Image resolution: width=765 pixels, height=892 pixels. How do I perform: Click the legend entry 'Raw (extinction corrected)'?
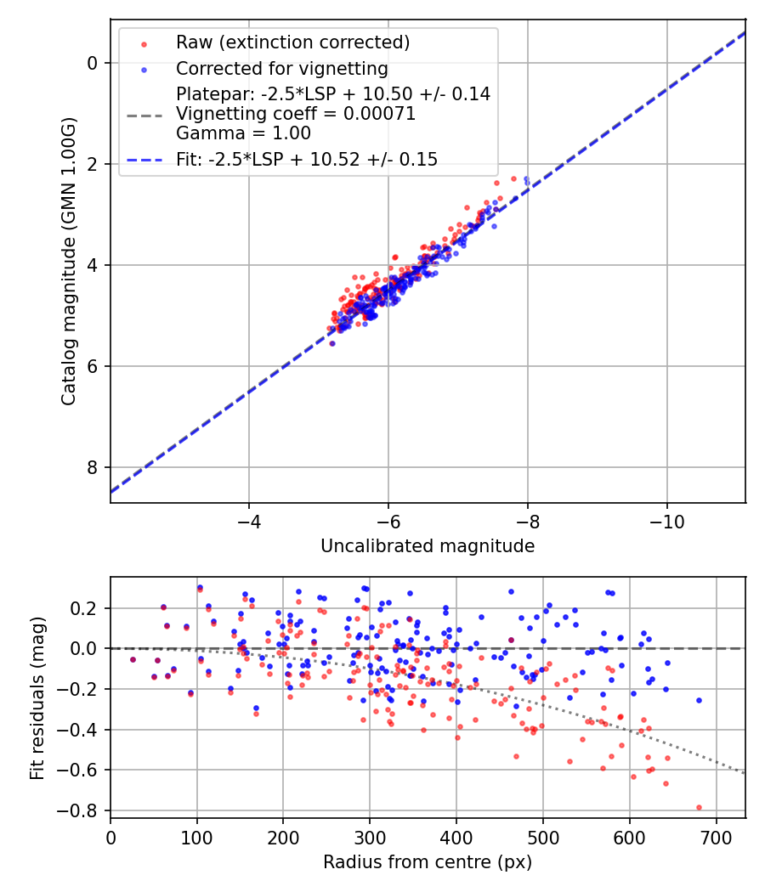292,42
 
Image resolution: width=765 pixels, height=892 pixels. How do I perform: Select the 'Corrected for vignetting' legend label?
281,68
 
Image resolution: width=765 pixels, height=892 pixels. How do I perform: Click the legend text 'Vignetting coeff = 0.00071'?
296,114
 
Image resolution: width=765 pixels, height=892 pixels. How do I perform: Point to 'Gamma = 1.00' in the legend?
243,133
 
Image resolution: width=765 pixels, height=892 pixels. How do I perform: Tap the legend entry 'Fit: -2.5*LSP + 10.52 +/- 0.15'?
307,160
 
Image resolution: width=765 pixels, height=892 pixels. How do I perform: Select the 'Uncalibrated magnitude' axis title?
428,546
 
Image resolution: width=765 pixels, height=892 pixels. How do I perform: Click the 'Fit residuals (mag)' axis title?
37,698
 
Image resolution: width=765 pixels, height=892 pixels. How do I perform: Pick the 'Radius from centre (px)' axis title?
428,861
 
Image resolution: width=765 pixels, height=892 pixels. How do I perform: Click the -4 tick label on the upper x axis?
249,518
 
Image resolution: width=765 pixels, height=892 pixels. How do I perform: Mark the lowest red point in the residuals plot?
699,807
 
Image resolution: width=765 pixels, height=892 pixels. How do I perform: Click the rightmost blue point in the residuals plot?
699,700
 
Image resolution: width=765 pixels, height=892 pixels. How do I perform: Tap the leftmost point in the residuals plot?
132,659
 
